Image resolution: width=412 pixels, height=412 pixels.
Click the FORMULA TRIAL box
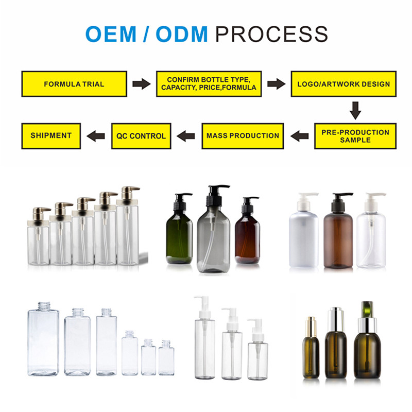click(x=74, y=84)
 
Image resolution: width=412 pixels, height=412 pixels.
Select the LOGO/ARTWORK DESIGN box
click(x=344, y=84)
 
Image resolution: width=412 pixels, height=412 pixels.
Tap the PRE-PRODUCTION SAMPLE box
click(x=355, y=136)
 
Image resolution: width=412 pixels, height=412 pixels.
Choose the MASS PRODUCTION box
click(x=243, y=136)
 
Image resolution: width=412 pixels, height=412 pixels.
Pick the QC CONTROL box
click(x=141, y=136)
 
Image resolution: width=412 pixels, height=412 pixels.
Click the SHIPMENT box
click(x=51, y=135)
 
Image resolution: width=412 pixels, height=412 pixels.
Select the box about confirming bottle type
click(x=209, y=84)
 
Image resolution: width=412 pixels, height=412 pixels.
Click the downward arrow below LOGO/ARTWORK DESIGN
click(x=355, y=110)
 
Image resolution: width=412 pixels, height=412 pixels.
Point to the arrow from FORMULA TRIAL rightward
click(x=141, y=84)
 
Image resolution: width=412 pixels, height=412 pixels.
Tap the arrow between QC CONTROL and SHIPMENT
click(x=96, y=136)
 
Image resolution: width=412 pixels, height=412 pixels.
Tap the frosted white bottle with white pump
click(x=303, y=237)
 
